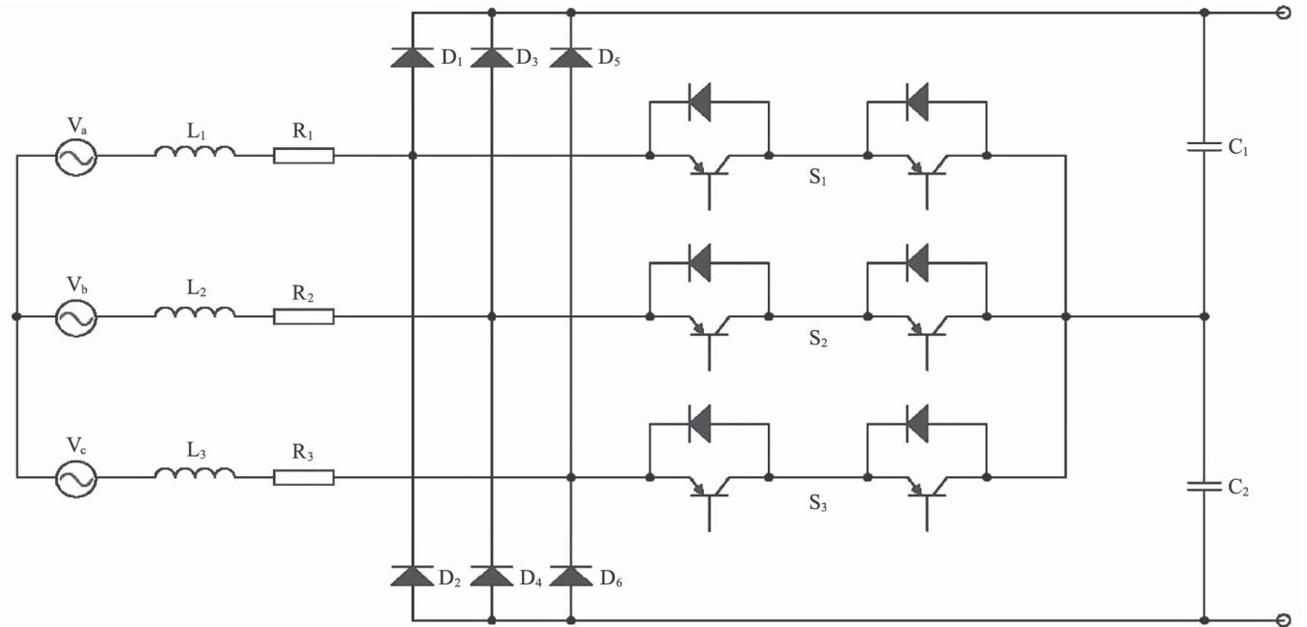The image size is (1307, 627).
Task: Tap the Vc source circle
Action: click(x=75, y=478)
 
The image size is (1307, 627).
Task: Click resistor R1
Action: click(x=304, y=156)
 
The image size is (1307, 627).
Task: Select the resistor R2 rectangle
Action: click(x=304, y=316)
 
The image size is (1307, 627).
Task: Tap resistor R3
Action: click(x=304, y=477)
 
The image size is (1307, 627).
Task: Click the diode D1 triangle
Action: click(x=412, y=57)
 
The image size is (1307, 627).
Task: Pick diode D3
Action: click(x=492, y=57)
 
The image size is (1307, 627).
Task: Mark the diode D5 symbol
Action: click(x=571, y=57)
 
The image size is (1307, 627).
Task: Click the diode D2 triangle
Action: click(x=412, y=576)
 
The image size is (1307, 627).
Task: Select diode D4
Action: click(x=492, y=576)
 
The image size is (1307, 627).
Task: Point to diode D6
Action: click(x=571, y=576)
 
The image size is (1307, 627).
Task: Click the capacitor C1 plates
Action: click(x=1203, y=148)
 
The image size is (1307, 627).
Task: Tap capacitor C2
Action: click(x=1203, y=487)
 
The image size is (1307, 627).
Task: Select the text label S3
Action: click(x=819, y=502)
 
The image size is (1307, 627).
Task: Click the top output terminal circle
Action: click(x=1284, y=13)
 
